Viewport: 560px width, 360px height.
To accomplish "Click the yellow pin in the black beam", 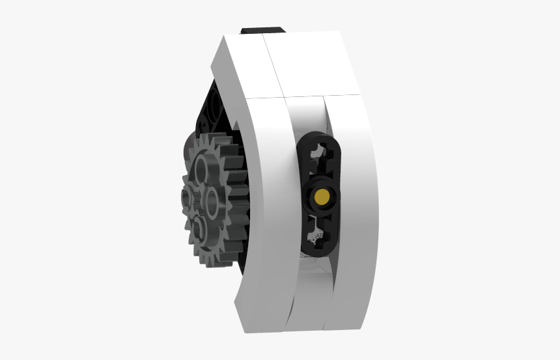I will point(321,196).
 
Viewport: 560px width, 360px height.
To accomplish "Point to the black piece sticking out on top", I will point(262,30).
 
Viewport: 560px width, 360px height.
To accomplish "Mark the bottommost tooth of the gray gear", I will point(204,262).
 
